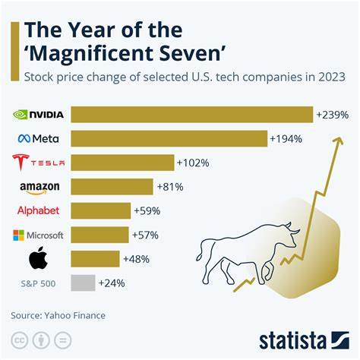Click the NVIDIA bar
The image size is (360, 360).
click(x=192, y=115)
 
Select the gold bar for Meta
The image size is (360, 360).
click(x=169, y=138)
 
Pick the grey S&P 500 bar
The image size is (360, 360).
click(x=83, y=283)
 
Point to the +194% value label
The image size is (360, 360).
click(x=286, y=138)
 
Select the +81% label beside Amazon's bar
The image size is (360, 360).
click(x=170, y=186)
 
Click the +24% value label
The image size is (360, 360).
click(x=112, y=283)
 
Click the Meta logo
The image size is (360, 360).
click(x=43, y=138)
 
